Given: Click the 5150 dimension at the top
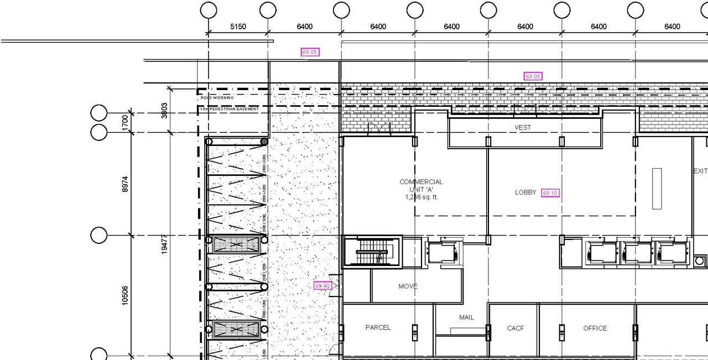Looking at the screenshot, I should (238, 27).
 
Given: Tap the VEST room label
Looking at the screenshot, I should (523, 128).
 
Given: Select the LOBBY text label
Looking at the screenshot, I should (525, 192).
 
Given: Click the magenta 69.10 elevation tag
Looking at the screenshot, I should (550, 193).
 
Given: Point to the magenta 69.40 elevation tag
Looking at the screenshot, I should (322, 286).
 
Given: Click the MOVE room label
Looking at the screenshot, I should (408, 286).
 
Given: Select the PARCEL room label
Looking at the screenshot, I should (378, 327).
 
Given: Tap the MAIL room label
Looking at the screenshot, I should (466, 317).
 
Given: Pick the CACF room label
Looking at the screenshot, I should (516, 328).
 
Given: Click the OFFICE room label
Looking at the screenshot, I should (595, 328).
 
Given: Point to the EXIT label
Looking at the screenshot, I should (700, 171).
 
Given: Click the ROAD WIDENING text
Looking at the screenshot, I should (217, 98).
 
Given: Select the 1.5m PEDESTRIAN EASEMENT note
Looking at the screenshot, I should (229, 109).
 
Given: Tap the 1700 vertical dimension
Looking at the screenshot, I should (125, 122).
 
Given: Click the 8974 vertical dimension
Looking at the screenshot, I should (125, 184).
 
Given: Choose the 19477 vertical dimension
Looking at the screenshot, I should (164, 243).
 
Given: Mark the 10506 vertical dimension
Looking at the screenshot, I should (125, 295).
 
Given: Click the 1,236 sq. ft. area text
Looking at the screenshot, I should (421, 197).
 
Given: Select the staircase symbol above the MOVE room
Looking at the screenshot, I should (372, 252).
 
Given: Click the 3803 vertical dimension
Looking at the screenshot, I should (164, 111).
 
